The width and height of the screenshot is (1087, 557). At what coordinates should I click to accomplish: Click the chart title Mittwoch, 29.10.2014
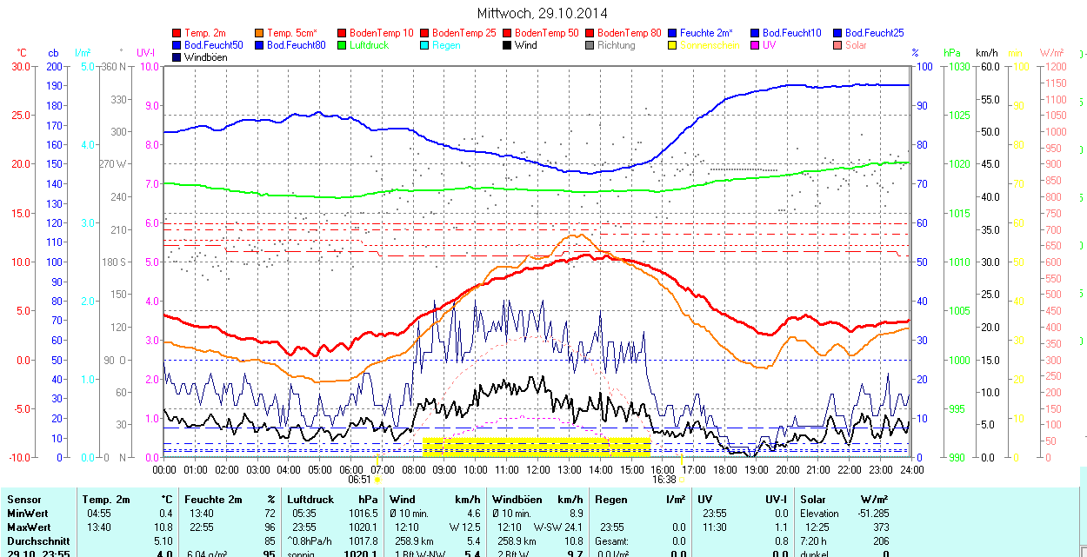tap(542, 13)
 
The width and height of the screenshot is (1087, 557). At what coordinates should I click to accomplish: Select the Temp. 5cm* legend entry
tap(292, 33)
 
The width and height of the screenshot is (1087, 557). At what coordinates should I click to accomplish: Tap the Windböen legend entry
tap(204, 57)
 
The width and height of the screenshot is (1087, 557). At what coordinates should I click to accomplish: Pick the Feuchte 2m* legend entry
tap(706, 33)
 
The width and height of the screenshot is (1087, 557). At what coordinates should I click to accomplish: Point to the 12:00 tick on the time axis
tap(537, 470)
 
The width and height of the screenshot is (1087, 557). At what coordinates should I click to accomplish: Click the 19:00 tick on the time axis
tap(756, 470)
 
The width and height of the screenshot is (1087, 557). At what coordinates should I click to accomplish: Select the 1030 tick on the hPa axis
tap(959, 66)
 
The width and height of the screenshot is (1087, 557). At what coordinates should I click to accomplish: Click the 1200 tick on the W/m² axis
tap(1054, 66)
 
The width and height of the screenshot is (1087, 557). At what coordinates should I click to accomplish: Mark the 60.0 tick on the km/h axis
tap(989, 66)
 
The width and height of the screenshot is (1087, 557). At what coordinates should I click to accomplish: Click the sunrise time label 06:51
tap(360, 479)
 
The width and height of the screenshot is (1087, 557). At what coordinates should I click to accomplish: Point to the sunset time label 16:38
tap(664, 479)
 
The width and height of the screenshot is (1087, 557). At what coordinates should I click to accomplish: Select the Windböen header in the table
tap(517, 500)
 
